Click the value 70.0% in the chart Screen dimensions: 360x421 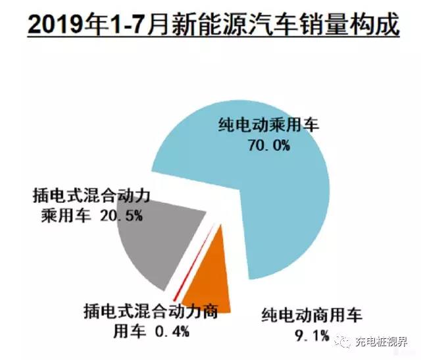point(268,145)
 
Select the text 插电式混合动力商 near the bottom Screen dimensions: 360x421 point(151,310)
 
